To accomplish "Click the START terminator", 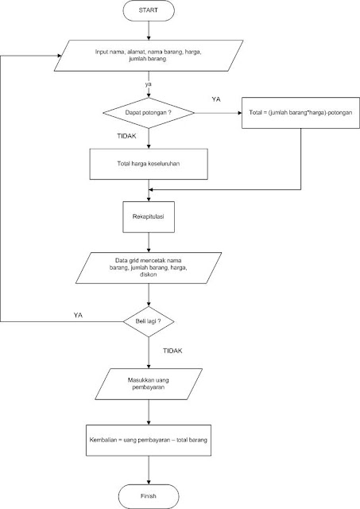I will (149, 13).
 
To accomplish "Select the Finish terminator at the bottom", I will (149, 495).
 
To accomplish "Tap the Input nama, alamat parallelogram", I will (149, 56).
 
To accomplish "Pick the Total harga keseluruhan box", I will (149, 165).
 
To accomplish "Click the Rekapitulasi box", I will (149, 216).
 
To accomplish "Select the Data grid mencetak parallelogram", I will (149, 269).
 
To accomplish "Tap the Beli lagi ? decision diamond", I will (149, 321).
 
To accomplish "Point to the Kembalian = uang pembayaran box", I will (149, 438).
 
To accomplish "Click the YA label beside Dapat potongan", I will (215, 99).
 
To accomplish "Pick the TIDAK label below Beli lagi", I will (172, 349).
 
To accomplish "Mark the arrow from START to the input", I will (149, 32).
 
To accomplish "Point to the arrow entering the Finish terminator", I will (149, 472).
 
